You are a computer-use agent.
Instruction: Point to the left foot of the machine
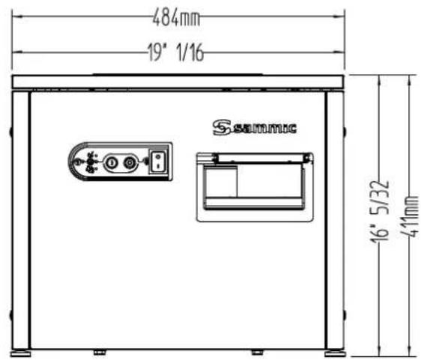click(x=20, y=350)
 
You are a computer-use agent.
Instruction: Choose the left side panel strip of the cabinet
click(x=20, y=217)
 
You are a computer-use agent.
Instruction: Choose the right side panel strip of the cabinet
click(x=335, y=217)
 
